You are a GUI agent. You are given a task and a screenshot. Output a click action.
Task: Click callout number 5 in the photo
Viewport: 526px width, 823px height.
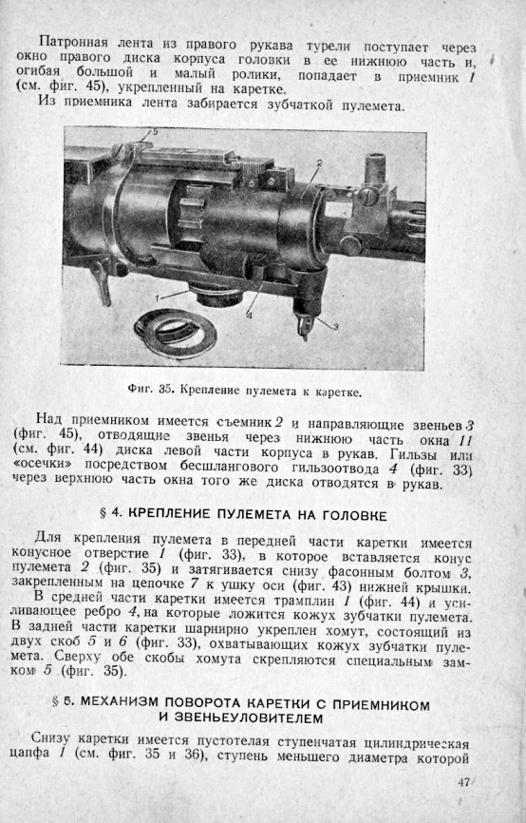point(155,132)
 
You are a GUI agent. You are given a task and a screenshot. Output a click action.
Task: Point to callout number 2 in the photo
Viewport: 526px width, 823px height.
point(319,163)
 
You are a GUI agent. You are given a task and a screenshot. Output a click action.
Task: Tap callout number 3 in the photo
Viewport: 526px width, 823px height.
point(335,327)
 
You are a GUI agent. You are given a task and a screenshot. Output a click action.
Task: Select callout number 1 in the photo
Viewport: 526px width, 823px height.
point(158,297)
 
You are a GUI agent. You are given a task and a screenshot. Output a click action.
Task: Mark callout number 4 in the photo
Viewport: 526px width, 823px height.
point(249,316)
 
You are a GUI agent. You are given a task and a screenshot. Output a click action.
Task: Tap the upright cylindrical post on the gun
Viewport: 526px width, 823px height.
point(374,169)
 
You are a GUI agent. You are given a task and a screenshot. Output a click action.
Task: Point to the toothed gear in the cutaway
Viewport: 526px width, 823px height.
point(192,220)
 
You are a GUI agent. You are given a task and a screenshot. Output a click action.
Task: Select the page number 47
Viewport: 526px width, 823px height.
point(463,781)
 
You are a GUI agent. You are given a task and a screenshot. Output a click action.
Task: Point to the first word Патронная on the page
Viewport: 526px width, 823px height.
point(74,43)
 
